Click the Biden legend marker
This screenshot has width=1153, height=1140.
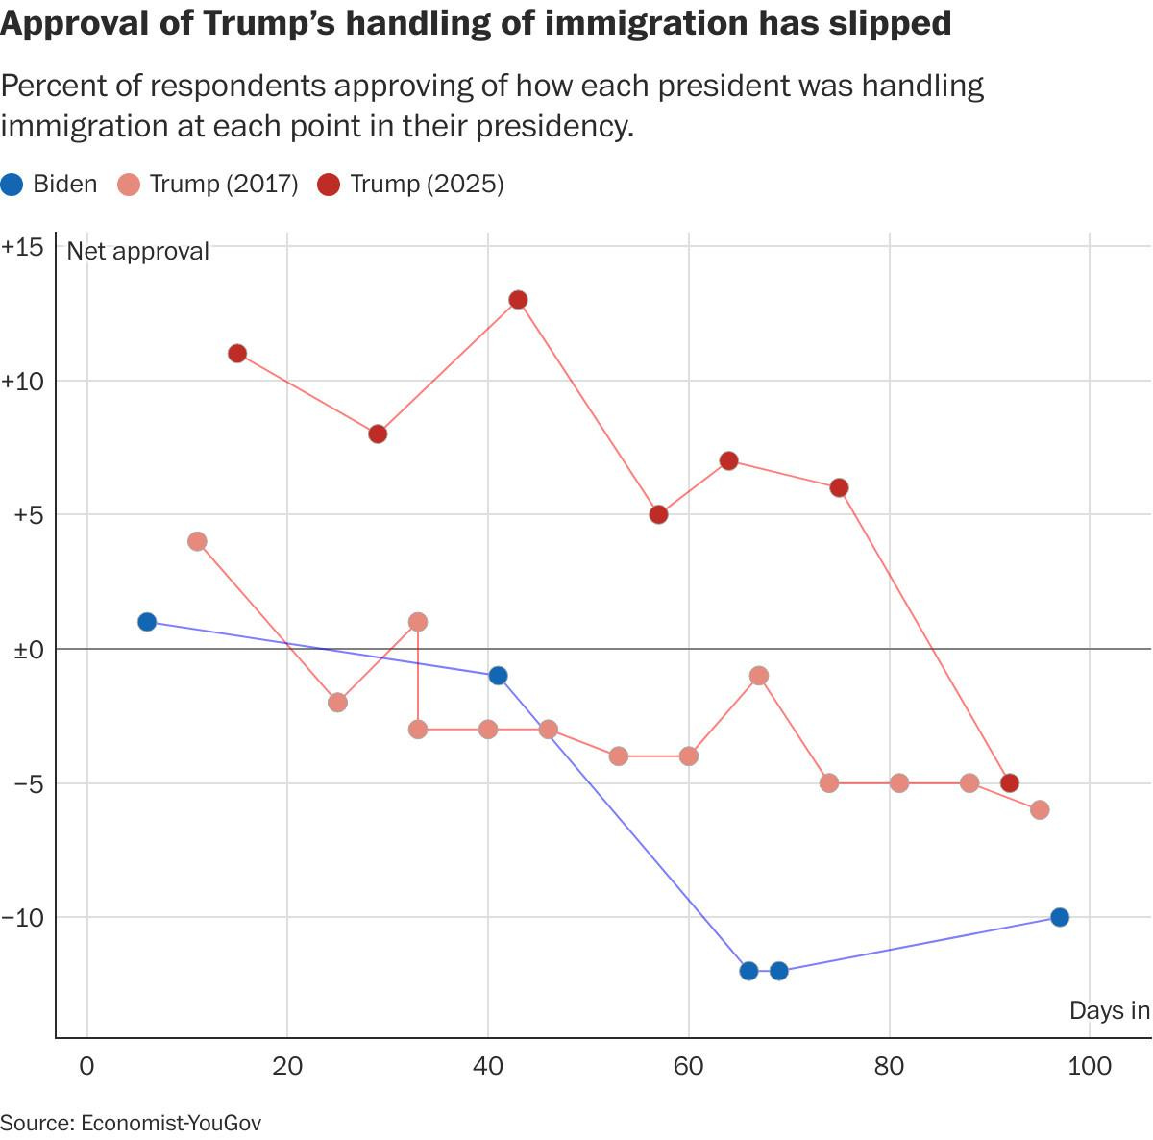12,185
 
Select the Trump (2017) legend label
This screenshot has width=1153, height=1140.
223,185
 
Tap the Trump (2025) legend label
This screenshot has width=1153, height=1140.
427,185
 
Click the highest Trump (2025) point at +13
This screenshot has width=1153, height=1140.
518,300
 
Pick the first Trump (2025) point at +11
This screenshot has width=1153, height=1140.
237,354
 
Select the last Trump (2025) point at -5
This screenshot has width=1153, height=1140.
1009,783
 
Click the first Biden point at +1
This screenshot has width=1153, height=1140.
147,622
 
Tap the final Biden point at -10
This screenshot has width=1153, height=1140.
1060,917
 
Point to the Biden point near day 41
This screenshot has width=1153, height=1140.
498,676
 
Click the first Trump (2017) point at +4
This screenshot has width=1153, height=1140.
197,541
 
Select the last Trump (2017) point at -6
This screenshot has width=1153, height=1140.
1040,810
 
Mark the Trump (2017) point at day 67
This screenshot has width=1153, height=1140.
759,676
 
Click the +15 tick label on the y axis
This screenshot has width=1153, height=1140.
23,247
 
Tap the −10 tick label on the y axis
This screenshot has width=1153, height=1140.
23,918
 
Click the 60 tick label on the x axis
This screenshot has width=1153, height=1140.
689,1066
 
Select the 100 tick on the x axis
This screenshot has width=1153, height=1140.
1089,1066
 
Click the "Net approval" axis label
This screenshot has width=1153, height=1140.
137,251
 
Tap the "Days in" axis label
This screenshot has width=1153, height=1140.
1110,1010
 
